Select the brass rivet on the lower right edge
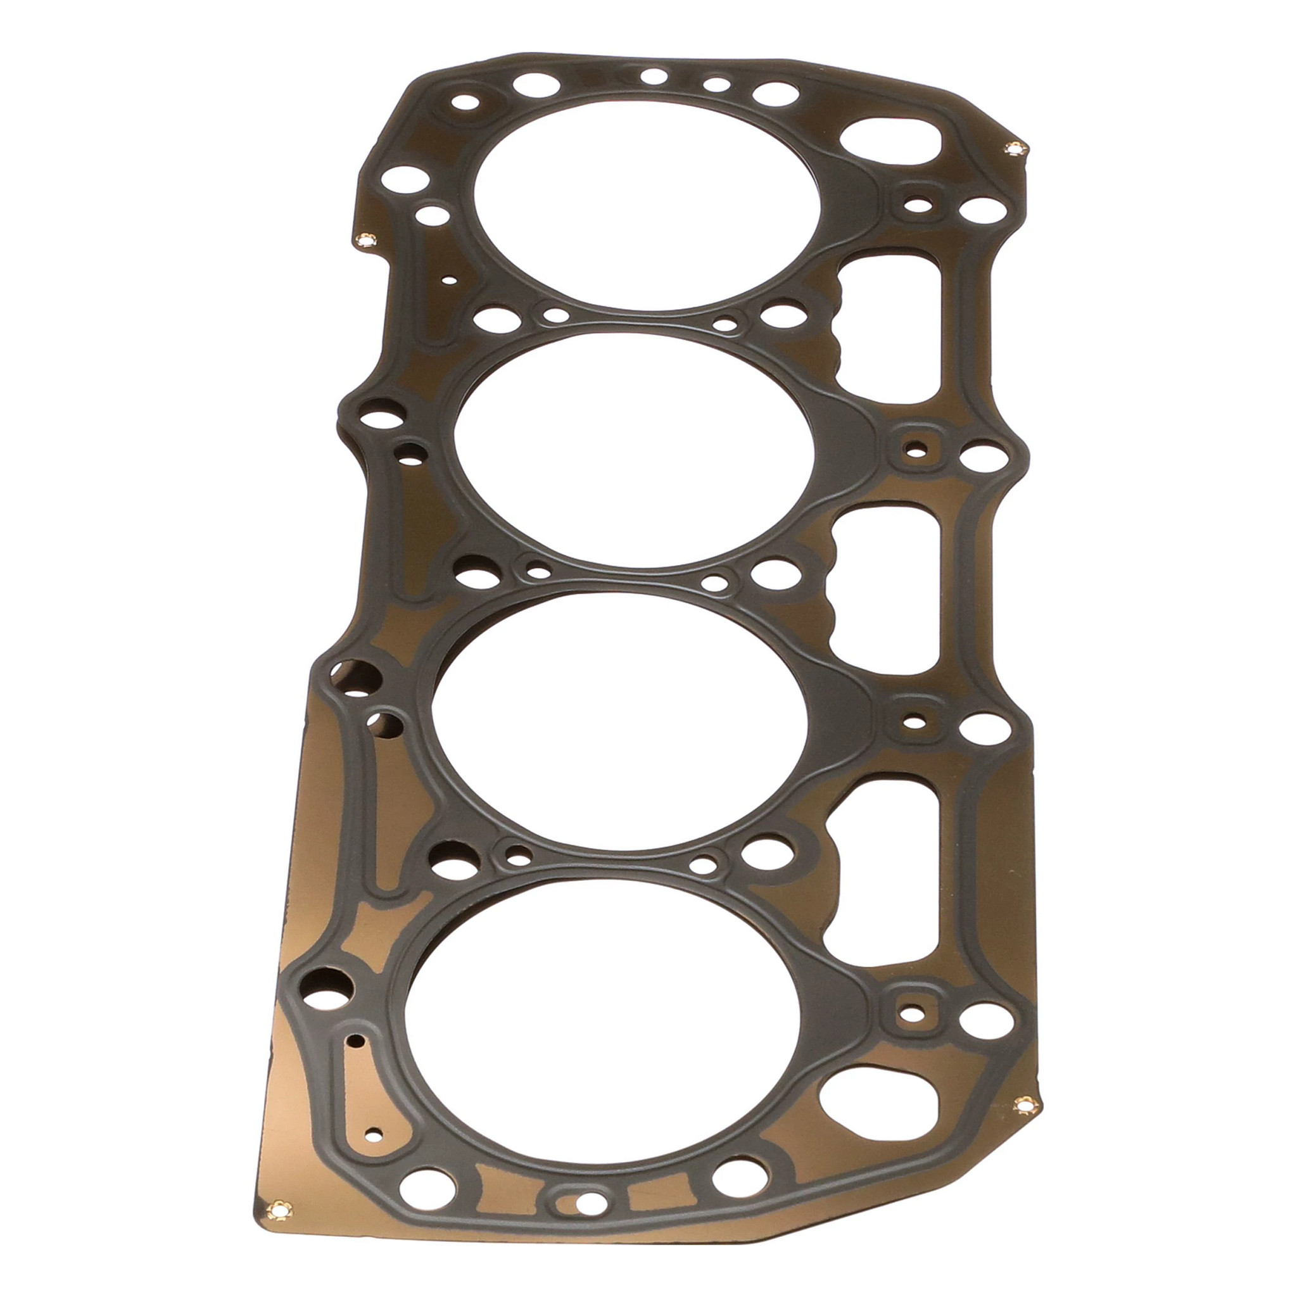tap(1025, 1104)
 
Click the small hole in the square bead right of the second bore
tap(913, 446)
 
